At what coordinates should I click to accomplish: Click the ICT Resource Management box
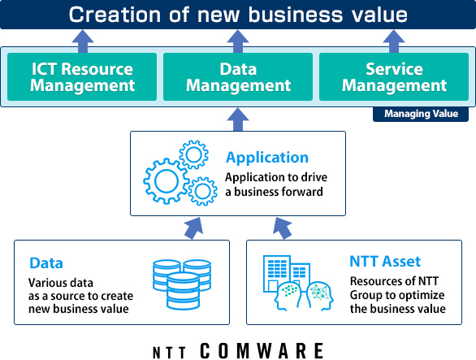[82, 76]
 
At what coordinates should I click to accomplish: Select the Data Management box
[238, 76]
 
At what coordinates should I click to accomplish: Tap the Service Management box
[394, 76]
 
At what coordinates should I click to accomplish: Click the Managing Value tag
[421, 114]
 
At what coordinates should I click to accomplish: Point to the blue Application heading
[267, 158]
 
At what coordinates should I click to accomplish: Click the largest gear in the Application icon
[167, 181]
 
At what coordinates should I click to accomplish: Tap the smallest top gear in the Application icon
[193, 154]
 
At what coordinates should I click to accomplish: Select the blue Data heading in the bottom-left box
[46, 263]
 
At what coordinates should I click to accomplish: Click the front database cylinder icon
[183, 291]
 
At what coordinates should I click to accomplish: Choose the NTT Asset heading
[385, 262]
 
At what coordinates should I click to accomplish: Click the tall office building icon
[276, 273]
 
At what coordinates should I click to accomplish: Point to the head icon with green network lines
[320, 296]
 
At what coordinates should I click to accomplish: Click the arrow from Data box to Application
[193, 228]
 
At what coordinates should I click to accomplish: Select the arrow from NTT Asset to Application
[283, 228]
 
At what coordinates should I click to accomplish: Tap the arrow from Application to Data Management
[238, 119]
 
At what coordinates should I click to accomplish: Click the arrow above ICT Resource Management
[83, 41]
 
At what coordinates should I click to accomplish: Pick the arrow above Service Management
[394, 41]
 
